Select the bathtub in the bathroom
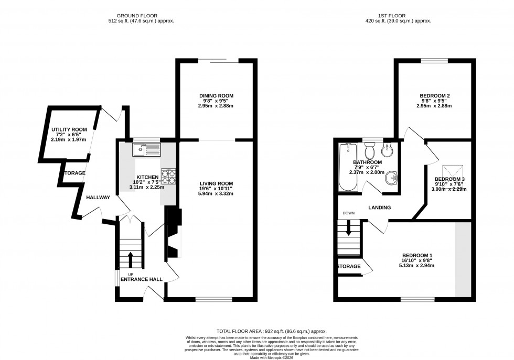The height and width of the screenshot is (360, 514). point(348,167)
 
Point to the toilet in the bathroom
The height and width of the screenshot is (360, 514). point(370,152)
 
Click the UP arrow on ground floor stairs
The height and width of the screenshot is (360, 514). point(130,258)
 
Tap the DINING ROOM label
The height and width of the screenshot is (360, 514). point(216,95)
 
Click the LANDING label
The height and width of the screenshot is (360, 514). point(379,208)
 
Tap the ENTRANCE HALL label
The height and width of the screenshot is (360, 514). point(142,279)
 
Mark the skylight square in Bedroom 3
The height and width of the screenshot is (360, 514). point(452,171)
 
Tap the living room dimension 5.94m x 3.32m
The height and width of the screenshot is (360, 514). point(216,194)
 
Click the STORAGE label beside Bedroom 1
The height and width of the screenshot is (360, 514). point(349,266)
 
